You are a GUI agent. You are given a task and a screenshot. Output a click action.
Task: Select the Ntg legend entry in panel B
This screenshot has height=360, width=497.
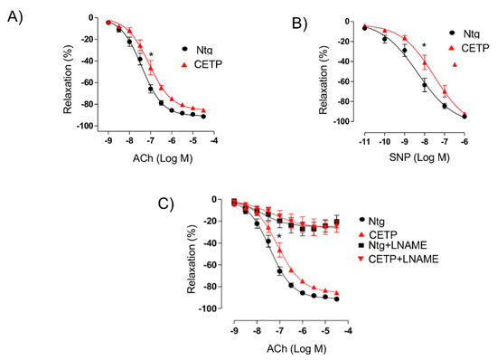pos(471,32)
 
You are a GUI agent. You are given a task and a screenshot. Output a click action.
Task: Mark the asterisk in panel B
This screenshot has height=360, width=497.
pos(423,45)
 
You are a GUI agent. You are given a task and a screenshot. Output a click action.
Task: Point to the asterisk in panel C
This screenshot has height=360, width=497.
pos(280,238)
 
